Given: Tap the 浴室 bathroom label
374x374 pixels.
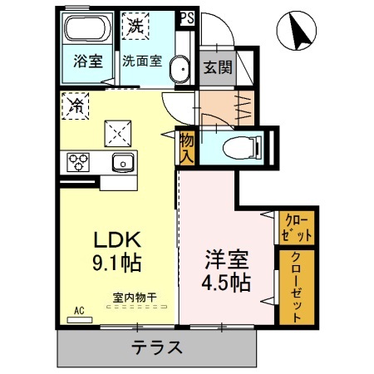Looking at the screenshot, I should click(x=86, y=61).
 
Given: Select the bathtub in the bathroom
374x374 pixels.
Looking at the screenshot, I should click(x=87, y=32).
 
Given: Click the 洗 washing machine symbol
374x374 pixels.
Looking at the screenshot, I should click(x=135, y=25).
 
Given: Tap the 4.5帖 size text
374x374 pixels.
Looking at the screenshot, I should click(x=224, y=283).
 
